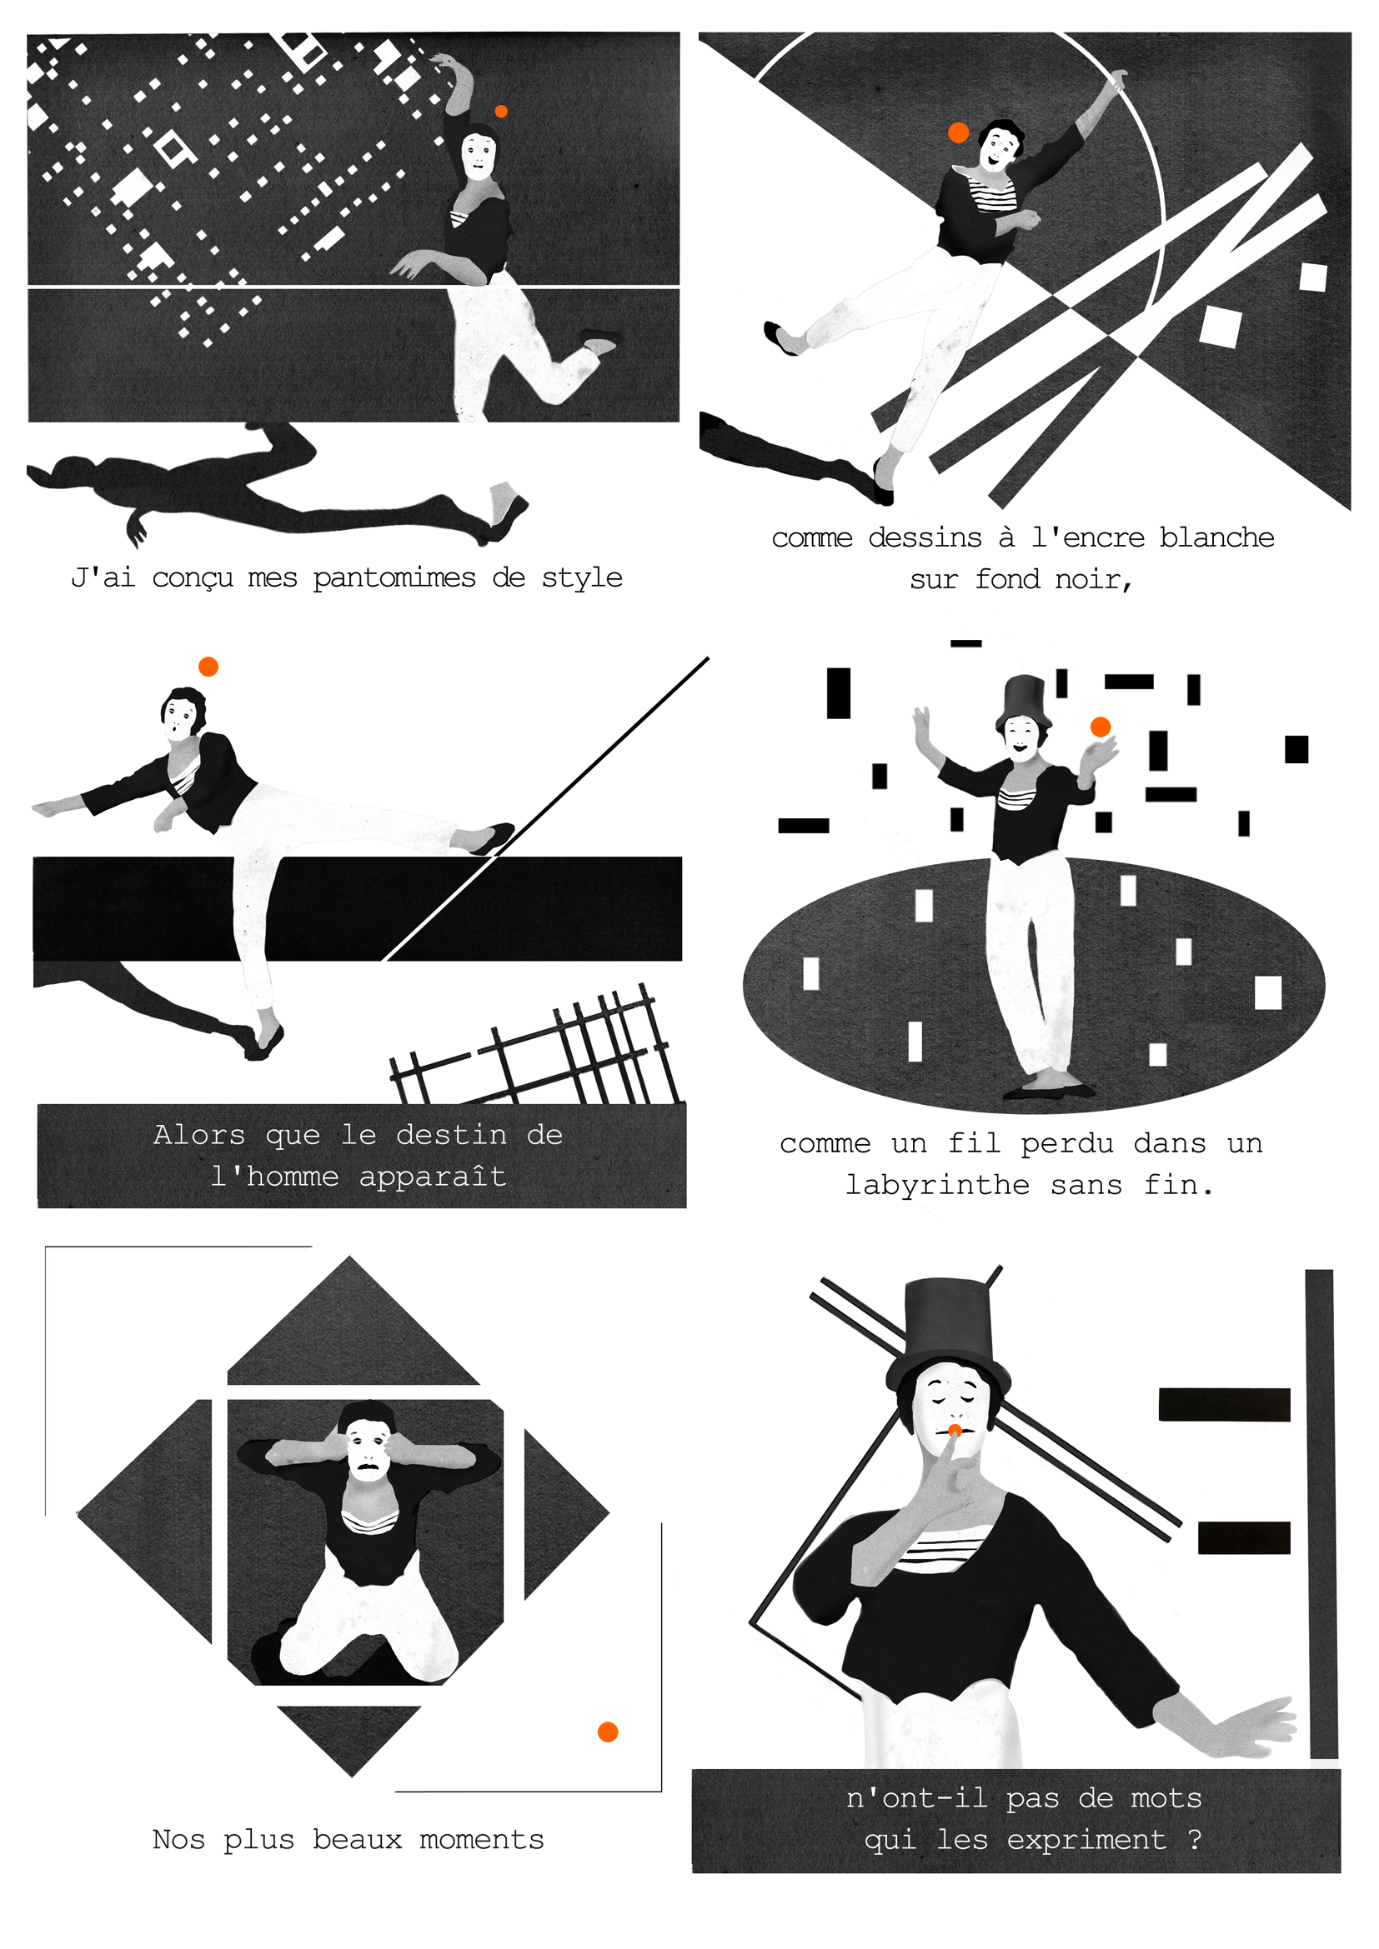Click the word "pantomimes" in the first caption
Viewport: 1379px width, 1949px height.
point(394,579)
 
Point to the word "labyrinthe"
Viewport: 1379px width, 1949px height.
point(937,1185)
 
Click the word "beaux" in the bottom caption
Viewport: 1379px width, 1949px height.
point(357,1840)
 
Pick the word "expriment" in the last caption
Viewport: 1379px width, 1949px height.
point(1086,1841)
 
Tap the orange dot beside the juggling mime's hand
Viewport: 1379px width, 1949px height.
point(1101,727)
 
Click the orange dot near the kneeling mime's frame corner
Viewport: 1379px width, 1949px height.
point(608,1732)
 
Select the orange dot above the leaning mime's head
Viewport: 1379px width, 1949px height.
point(208,667)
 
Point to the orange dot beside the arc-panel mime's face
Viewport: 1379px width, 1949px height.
point(959,132)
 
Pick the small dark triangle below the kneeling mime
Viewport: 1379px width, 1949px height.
point(349,1732)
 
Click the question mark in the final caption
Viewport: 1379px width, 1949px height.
point(1195,1839)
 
